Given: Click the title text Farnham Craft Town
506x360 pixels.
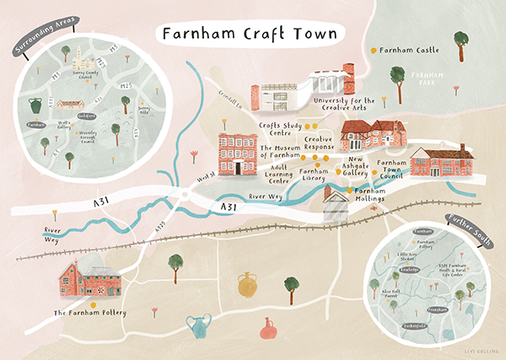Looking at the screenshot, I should pos(245,35).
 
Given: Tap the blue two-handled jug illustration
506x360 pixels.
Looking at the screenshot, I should pos(197,326).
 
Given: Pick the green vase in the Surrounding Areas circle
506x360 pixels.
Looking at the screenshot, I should pos(35,108).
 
